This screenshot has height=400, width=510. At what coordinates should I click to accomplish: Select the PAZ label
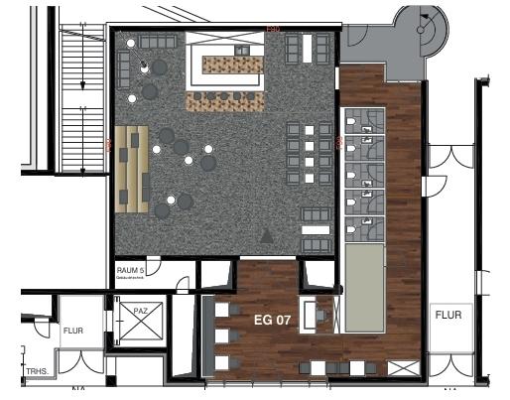(140, 312)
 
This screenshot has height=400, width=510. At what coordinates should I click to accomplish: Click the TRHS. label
(38, 371)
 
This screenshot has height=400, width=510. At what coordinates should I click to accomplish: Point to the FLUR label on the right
(447, 315)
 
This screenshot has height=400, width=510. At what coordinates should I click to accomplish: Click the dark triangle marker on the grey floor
(266, 236)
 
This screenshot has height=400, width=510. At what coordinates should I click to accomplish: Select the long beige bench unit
(131, 168)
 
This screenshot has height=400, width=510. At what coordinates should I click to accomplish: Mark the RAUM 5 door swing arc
(182, 286)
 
